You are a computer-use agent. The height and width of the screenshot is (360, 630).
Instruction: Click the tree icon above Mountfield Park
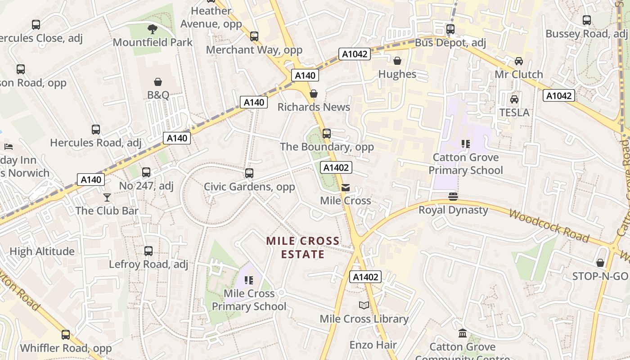click(x=153, y=29)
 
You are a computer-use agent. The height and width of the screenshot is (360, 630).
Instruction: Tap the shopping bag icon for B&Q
click(x=158, y=82)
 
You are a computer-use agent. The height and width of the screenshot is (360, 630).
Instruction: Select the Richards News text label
click(x=314, y=107)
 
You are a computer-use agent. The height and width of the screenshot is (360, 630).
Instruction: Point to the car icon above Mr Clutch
click(x=518, y=61)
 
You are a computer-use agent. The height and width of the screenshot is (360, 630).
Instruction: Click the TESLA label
click(x=514, y=112)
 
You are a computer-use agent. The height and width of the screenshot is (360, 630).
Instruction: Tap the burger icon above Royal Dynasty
click(x=453, y=197)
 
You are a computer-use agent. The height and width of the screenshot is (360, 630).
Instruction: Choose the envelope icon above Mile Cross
click(x=345, y=188)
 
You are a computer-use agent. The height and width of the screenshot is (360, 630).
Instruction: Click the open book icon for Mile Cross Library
click(x=364, y=306)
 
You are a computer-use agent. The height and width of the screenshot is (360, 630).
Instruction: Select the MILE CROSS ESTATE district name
click(x=302, y=247)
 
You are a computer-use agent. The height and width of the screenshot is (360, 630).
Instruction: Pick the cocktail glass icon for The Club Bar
click(x=107, y=197)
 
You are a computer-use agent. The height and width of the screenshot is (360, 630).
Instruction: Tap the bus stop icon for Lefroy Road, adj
click(x=148, y=251)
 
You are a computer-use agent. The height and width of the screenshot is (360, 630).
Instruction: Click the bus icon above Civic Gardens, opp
click(x=249, y=173)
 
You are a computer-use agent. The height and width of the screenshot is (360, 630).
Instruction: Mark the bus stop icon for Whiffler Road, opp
click(x=66, y=334)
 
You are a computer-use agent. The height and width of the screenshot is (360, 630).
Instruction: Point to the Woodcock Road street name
click(x=549, y=225)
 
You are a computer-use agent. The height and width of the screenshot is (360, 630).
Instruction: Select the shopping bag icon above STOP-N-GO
click(x=600, y=263)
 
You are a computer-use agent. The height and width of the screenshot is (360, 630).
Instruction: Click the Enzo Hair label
click(x=373, y=345)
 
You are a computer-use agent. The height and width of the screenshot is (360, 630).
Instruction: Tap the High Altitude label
click(x=42, y=252)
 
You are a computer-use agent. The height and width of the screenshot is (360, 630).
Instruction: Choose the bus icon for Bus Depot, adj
click(x=450, y=29)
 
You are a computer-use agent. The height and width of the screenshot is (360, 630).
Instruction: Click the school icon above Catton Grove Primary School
click(x=465, y=144)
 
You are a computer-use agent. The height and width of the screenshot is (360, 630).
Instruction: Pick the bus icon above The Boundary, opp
click(x=327, y=133)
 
